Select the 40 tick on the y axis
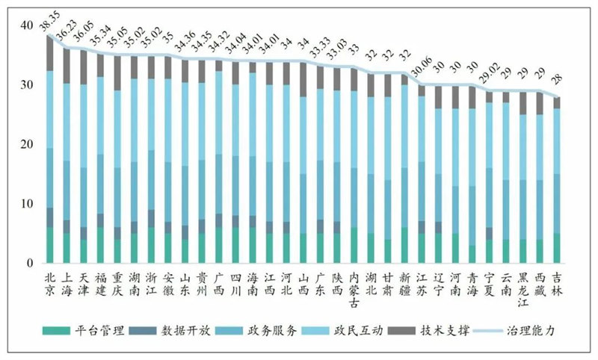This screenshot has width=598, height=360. click(28, 25)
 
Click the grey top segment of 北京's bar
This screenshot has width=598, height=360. click(50, 53)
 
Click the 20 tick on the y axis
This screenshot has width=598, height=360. click(28, 144)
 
